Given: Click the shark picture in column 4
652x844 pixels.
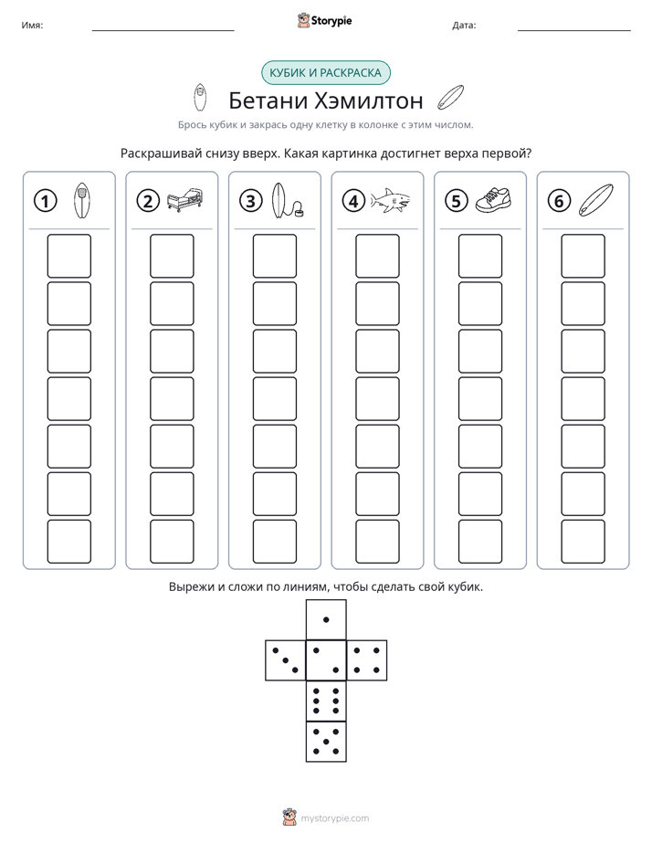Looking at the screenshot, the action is tap(391, 201).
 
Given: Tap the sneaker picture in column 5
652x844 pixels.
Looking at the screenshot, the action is tap(493, 199).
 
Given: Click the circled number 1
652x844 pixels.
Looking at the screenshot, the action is tap(45, 201).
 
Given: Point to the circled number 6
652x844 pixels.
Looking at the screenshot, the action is tap(559, 201).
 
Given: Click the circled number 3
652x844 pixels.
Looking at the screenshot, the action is tap(251, 201).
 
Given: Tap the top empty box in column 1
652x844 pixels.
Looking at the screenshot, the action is tap(68, 256).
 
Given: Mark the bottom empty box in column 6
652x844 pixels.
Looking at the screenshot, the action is tap(584, 542).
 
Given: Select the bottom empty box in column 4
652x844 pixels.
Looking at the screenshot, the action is tap(378, 542).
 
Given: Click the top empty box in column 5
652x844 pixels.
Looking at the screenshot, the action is tap(480, 256).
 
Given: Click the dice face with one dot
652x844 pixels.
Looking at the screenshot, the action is tap(326, 620).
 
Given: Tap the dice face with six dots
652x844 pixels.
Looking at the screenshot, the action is tap(326, 701).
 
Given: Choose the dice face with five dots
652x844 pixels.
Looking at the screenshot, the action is tap(326, 741).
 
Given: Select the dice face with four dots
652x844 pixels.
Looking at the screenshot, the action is tap(367, 660).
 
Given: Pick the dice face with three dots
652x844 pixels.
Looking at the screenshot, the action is tap(286, 660).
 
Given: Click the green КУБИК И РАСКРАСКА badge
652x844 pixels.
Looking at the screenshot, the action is tap(326, 73).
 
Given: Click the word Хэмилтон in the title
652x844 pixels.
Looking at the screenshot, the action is tap(368, 100).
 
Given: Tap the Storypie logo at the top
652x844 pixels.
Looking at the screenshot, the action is tap(324, 20).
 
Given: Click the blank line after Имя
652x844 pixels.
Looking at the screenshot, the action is tap(163, 30).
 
